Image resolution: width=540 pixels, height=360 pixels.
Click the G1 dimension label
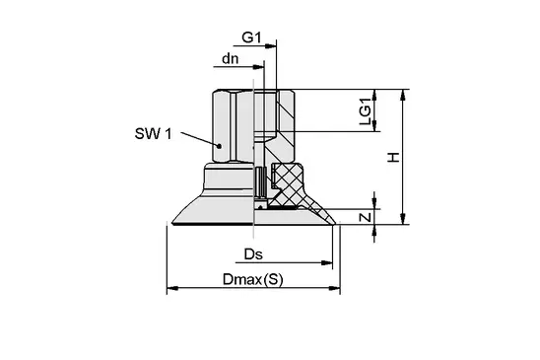[251, 37]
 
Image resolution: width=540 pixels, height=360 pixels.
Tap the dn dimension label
[230, 59]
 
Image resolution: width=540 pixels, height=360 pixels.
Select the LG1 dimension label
[365, 111]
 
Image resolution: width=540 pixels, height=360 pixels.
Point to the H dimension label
[393, 157]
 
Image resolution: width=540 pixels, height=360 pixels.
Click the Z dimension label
[366, 217]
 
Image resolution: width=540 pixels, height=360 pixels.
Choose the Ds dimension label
[253, 254]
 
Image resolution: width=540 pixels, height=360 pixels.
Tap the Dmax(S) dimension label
[253, 279]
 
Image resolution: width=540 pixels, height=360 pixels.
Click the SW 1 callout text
[153, 134]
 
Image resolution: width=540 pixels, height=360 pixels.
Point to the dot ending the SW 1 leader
[219, 146]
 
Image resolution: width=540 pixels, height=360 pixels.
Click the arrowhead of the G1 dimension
[271, 45]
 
